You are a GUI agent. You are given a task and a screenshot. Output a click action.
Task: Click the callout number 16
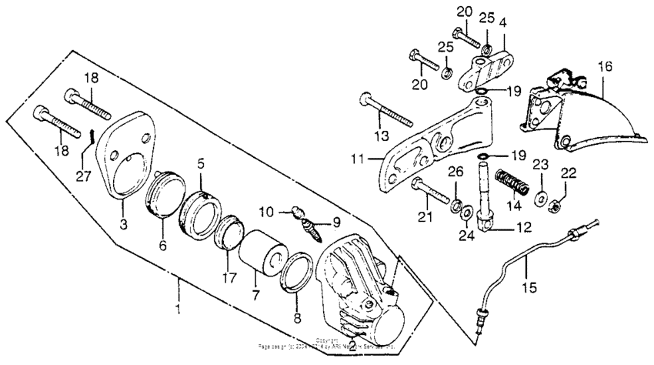pyautogui.click(x=606, y=68)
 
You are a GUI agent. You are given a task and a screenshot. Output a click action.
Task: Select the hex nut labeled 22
pyautogui.click(x=556, y=203)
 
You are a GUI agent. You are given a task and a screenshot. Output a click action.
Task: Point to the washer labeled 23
pyautogui.click(x=540, y=196)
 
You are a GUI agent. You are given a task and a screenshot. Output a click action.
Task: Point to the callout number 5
pyautogui.click(x=200, y=163)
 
